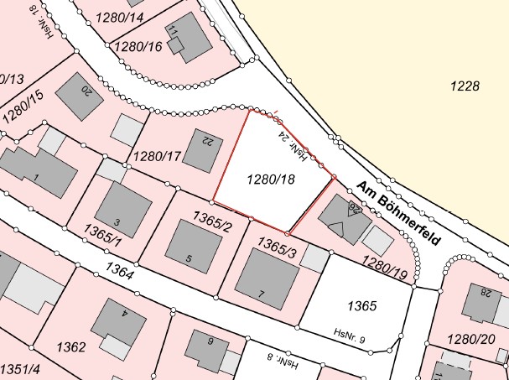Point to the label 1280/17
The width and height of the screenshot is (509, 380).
point(157,154)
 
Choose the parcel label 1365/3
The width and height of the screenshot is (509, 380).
point(277,246)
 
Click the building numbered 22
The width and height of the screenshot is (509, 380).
point(200,150)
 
